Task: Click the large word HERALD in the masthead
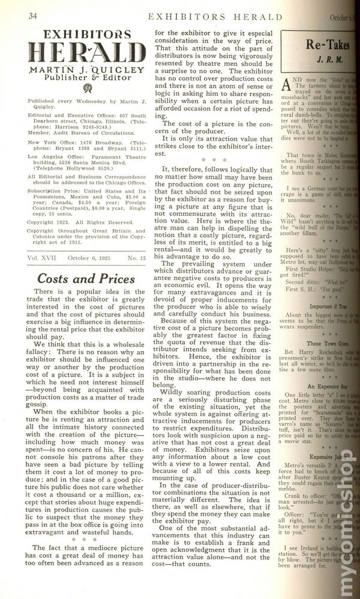coord(86,53)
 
